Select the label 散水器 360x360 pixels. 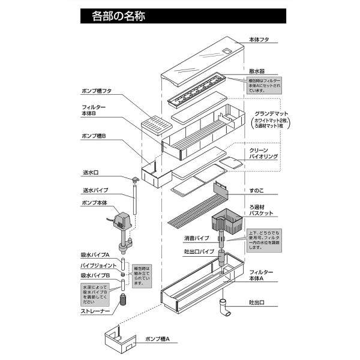coord(257,70)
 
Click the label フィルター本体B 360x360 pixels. coord(94,110)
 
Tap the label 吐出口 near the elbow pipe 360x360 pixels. coord(257,302)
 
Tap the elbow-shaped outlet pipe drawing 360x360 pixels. coord(229,307)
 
